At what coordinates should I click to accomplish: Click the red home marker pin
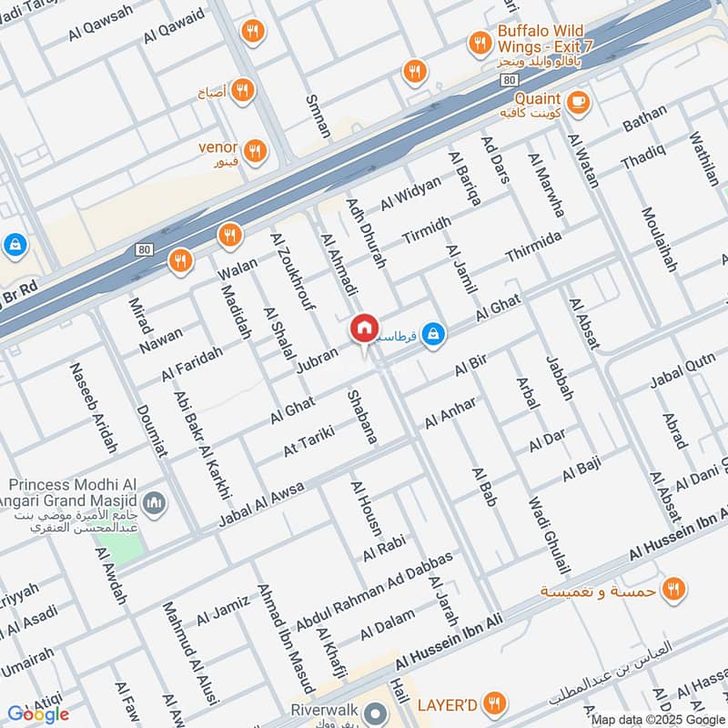[364, 328]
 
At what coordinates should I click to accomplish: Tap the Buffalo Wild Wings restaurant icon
[480, 42]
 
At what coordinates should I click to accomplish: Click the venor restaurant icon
[256, 150]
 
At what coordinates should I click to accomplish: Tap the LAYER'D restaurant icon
[494, 703]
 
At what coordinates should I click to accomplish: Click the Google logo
[38, 714]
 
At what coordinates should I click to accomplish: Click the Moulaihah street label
[660, 240]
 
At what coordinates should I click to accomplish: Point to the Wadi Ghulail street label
[549, 535]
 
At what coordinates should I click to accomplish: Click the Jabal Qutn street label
[682, 376]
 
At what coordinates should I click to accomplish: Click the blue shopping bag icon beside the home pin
[435, 334]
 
